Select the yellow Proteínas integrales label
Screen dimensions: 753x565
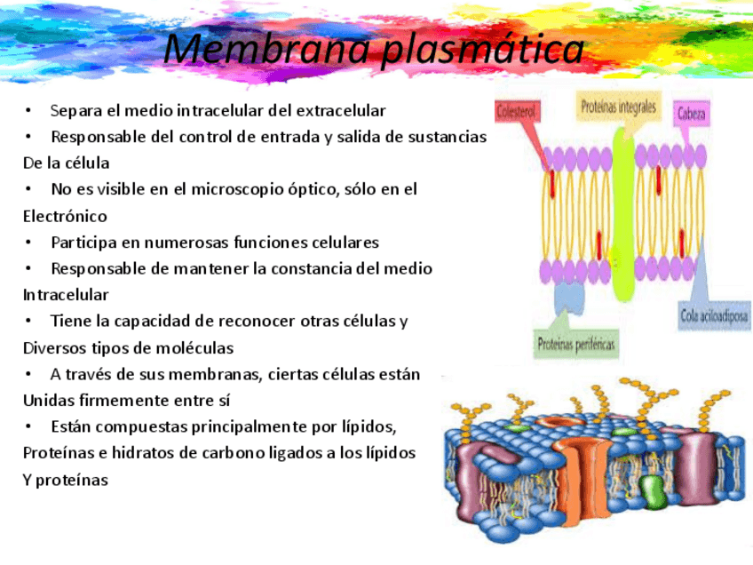[x=619, y=107]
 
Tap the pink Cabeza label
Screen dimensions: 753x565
[x=692, y=113]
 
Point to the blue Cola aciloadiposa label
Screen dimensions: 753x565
[x=714, y=316]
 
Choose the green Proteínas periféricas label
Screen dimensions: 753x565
[x=576, y=343]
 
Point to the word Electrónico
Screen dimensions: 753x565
[x=65, y=216]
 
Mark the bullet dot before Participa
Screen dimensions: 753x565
[x=28, y=243]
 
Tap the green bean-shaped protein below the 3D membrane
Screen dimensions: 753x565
[x=651, y=494]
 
